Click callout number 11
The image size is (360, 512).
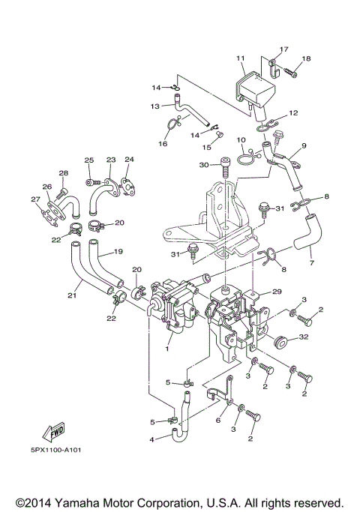(241, 58)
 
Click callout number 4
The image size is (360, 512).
(152, 439)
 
